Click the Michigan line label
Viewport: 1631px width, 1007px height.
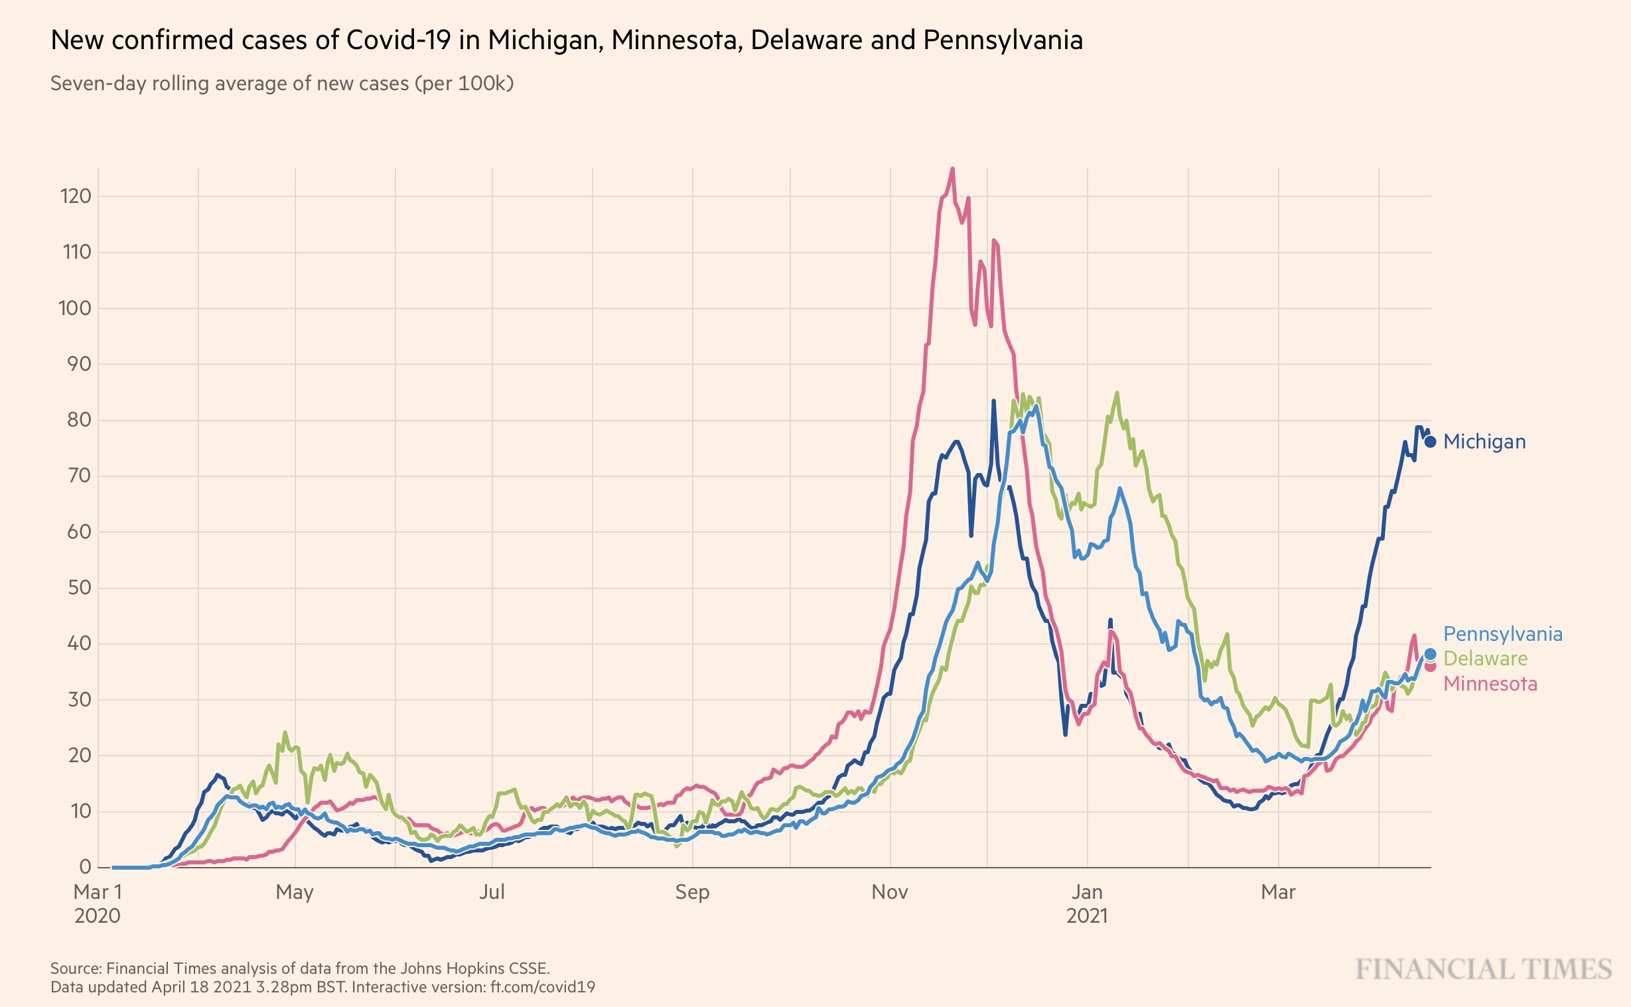click(x=1484, y=442)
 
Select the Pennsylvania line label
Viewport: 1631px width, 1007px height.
click(x=1502, y=634)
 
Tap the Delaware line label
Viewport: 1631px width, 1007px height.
click(x=1485, y=659)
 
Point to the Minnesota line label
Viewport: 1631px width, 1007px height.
click(x=1490, y=684)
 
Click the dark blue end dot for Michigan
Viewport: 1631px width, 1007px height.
click(x=1430, y=442)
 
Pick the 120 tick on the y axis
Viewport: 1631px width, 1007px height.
click(x=75, y=196)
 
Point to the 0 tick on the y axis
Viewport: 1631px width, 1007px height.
click(x=85, y=867)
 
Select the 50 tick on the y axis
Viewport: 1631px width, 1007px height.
click(x=79, y=588)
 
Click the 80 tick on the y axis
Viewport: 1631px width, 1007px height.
click(x=79, y=421)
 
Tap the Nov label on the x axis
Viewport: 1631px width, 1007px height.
click(x=889, y=892)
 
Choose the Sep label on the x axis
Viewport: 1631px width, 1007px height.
click(x=692, y=892)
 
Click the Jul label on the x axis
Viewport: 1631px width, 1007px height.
click(x=492, y=892)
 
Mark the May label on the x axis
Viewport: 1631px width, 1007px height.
click(x=295, y=892)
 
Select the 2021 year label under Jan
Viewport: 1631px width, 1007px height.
click(x=1087, y=916)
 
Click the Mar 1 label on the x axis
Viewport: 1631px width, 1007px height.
click(x=98, y=892)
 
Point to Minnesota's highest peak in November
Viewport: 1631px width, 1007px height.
click(x=952, y=169)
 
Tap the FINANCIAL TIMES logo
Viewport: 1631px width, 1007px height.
click(x=1484, y=970)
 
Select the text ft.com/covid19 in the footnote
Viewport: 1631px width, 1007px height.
click(x=543, y=987)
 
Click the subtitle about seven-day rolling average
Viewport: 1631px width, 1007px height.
click(x=282, y=84)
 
